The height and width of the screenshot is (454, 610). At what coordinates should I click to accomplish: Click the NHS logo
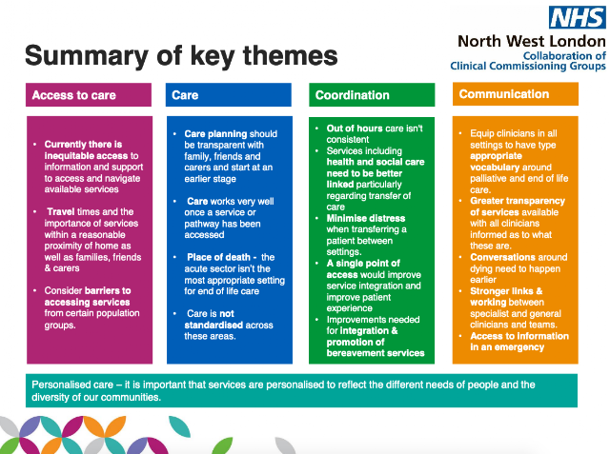[x=578, y=17]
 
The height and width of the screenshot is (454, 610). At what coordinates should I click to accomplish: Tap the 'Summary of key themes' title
[x=181, y=55]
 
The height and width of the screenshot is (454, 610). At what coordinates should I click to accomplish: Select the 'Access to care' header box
[x=89, y=95]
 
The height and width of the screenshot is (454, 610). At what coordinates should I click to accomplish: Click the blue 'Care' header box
[x=229, y=95]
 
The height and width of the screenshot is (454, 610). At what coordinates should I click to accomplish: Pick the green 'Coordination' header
[x=372, y=95]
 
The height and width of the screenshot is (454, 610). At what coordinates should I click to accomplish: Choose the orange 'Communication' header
[x=516, y=94]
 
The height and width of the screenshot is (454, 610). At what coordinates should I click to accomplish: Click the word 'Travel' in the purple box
[x=61, y=211]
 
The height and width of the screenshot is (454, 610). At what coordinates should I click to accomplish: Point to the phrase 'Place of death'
[x=218, y=257]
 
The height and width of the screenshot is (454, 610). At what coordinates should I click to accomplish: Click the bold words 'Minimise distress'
[x=366, y=218]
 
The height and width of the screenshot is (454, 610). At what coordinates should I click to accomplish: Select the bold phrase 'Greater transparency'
[x=518, y=201]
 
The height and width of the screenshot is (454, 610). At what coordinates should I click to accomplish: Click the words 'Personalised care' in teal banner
[x=72, y=385]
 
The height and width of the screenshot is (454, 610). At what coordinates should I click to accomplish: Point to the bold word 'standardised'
[x=213, y=325]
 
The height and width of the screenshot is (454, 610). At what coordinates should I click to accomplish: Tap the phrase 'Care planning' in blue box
[x=215, y=134]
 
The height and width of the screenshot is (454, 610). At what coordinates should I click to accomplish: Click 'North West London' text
[x=532, y=41]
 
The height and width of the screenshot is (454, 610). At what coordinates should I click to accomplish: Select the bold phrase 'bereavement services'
[x=376, y=353]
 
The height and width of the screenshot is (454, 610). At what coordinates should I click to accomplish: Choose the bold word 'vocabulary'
[x=495, y=168]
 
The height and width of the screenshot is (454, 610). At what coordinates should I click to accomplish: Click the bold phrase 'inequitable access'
[x=86, y=156]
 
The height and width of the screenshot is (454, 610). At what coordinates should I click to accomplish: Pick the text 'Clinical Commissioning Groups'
[x=528, y=66]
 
